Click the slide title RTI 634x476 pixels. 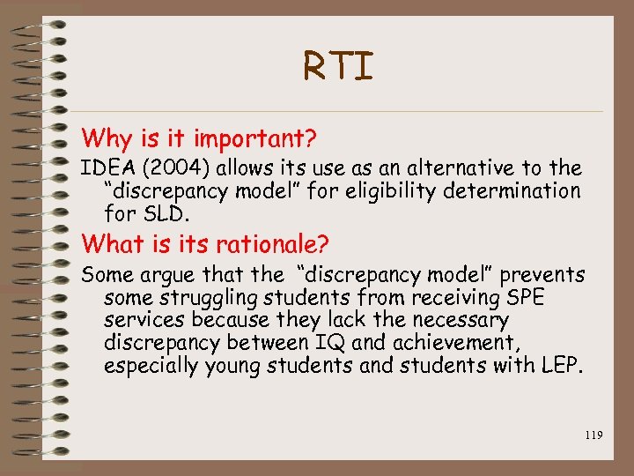338,67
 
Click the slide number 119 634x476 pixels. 592,435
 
